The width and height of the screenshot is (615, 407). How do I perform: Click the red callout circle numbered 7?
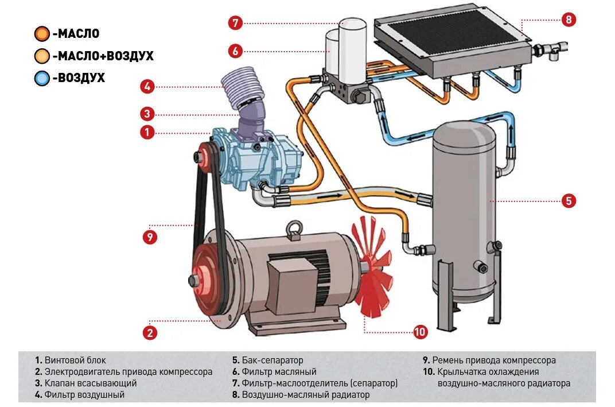pos(235,23)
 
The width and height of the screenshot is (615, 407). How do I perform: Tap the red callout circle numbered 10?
pos(421,332)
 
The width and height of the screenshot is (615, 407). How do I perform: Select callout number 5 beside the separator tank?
pos(568,201)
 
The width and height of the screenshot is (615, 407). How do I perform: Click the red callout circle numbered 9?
pos(150,237)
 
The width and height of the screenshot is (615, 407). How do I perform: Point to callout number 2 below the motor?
pos(150,332)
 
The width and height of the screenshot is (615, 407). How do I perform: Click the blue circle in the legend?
pos(42,77)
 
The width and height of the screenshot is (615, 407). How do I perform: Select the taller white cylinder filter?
pos(352,49)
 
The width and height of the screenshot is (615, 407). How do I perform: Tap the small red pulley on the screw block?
pos(202,156)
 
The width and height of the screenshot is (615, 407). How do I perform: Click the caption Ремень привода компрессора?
pos(493,361)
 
